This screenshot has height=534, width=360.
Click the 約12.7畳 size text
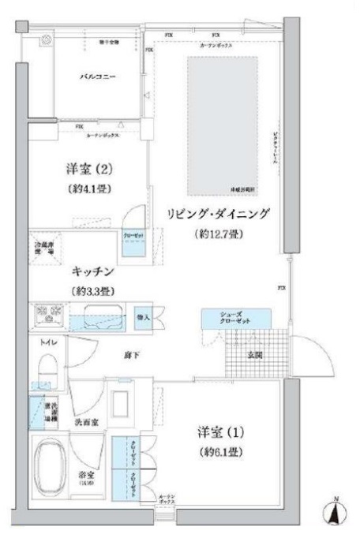tap(218, 234)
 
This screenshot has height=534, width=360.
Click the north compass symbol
tap(336, 512)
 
